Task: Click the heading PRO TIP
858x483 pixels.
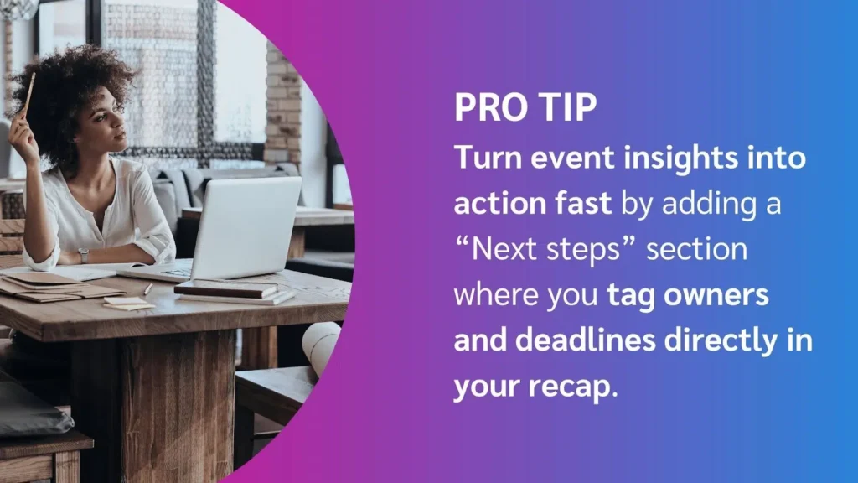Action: click(x=525, y=106)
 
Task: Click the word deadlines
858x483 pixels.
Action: click(x=586, y=340)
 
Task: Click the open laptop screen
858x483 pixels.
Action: click(x=246, y=228)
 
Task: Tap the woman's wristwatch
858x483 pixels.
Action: click(x=83, y=255)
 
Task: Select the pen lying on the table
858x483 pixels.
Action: click(x=147, y=289)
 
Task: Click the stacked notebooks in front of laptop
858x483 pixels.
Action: click(x=234, y=291)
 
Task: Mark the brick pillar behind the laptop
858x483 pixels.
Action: click(x=283, y=104)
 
